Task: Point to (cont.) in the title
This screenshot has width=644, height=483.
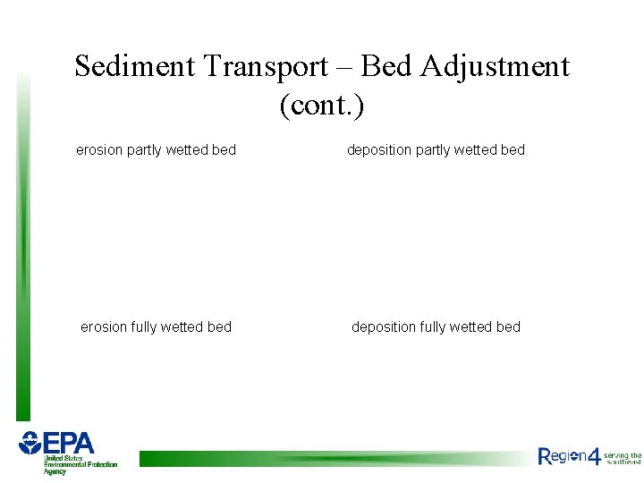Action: pyautogui.click(x=322, y=106)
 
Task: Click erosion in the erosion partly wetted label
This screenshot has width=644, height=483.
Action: pyautogui.click(x=99, y=150)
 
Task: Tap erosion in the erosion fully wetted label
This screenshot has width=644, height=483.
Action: pyautogui.click(x=104, y=327)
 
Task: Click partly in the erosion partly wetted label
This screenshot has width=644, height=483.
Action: pyautogui.click(x=144, y=150)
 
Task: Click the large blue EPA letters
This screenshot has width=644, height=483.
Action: pyautogui.click(x=69, y=444)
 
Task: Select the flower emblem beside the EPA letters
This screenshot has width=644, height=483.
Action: pyautogui.click(x=30, y=443)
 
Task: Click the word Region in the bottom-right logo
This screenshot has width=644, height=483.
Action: pyautogui.click(x=562, y=457)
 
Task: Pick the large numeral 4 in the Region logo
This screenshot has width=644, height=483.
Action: pyautogui.click(x=594, y=455)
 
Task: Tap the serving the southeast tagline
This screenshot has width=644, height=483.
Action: pyautogui.click(x=623, y=458)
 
